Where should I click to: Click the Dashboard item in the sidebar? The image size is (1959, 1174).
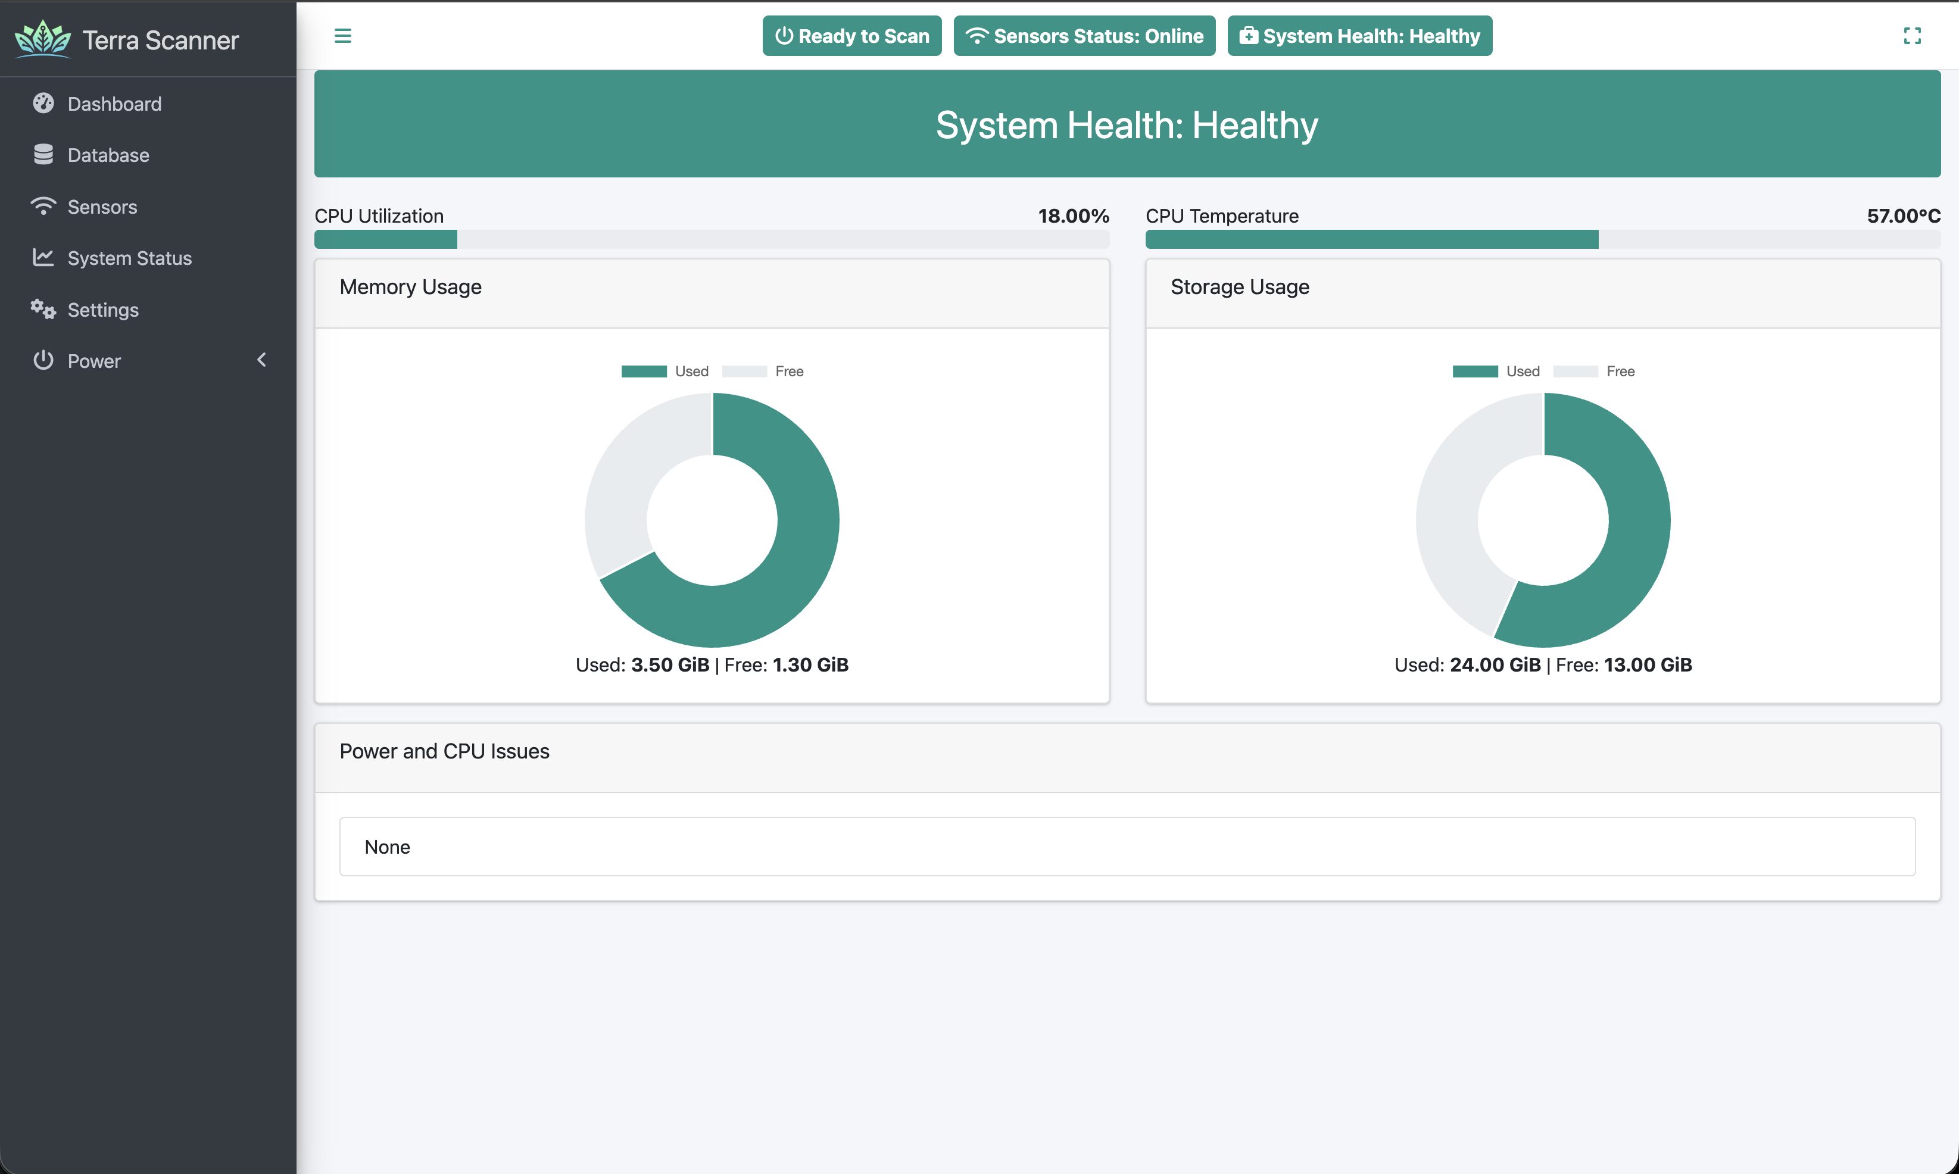coord(114,104)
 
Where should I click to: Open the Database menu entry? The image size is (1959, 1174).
coord(108,155)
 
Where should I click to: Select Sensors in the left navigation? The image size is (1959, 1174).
coord(102,207)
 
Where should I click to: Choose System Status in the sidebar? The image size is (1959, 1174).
coord(129,258)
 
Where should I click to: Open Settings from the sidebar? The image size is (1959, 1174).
coord(103,310)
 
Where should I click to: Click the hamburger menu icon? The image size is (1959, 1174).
coord(342,36)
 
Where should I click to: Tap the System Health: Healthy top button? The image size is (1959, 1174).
coord(1359,36)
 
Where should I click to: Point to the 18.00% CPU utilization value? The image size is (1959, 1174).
coord(1073,216)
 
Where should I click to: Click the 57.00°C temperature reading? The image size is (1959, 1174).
coord(1903,216)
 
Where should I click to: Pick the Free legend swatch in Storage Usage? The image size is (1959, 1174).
coord(1576,371)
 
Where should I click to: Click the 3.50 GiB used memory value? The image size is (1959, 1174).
coord(670,664)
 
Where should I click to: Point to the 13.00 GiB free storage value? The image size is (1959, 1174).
coord(1647,664)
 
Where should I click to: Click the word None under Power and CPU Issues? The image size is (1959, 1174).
coord(387,847)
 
